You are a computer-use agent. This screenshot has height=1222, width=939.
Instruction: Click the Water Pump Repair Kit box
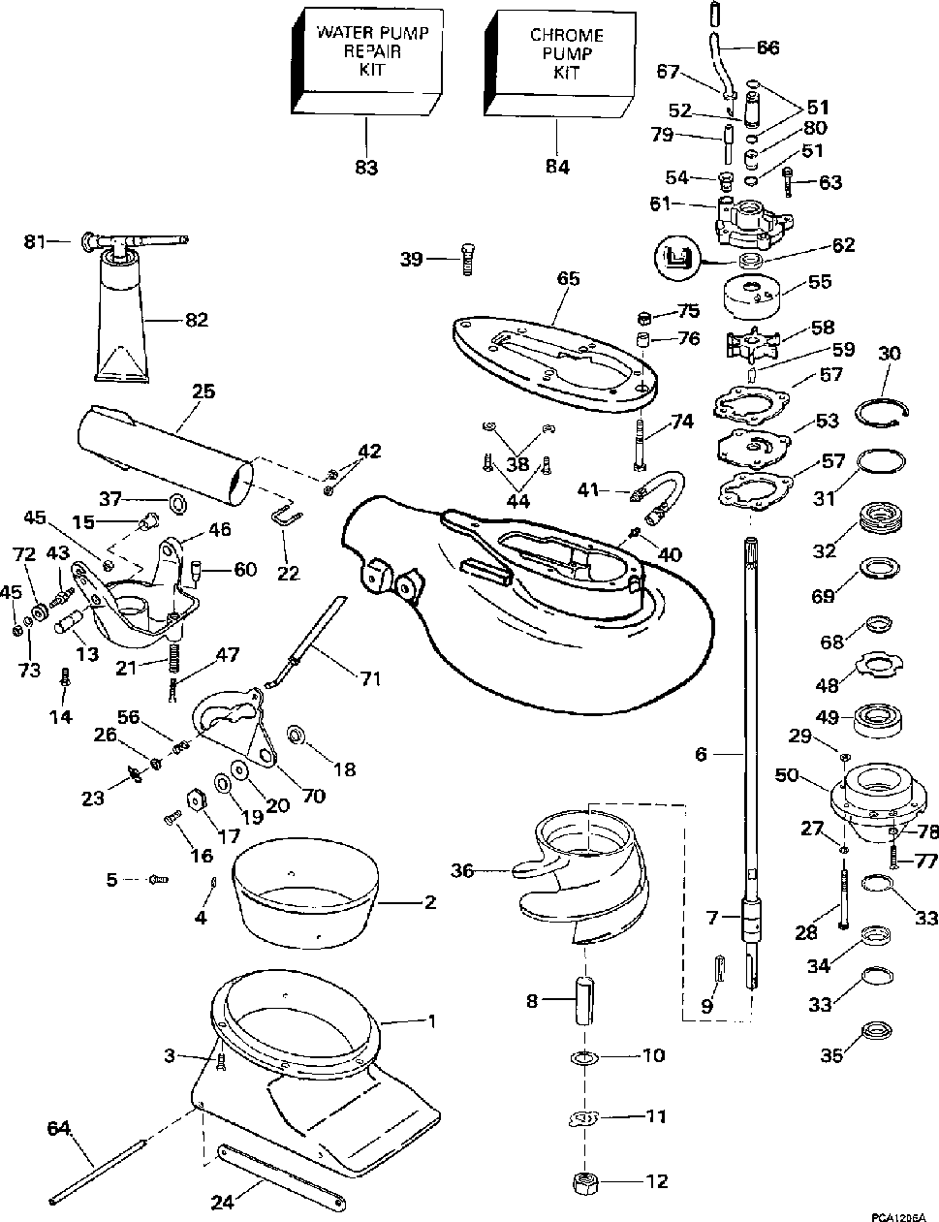click(366, 61)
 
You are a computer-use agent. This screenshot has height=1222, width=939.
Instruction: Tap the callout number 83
click(366, 168)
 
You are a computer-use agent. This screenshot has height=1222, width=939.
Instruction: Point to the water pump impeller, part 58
click(752, 345)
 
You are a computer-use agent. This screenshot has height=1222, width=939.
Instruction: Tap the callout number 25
click(203, 391)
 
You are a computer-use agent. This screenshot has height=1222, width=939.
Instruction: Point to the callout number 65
click(568, 278)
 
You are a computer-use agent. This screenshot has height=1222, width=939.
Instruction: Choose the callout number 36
click(462, 870)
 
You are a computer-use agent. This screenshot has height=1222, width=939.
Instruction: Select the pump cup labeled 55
click(751, 297)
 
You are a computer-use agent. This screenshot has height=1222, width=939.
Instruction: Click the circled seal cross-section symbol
click(675, 260)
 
